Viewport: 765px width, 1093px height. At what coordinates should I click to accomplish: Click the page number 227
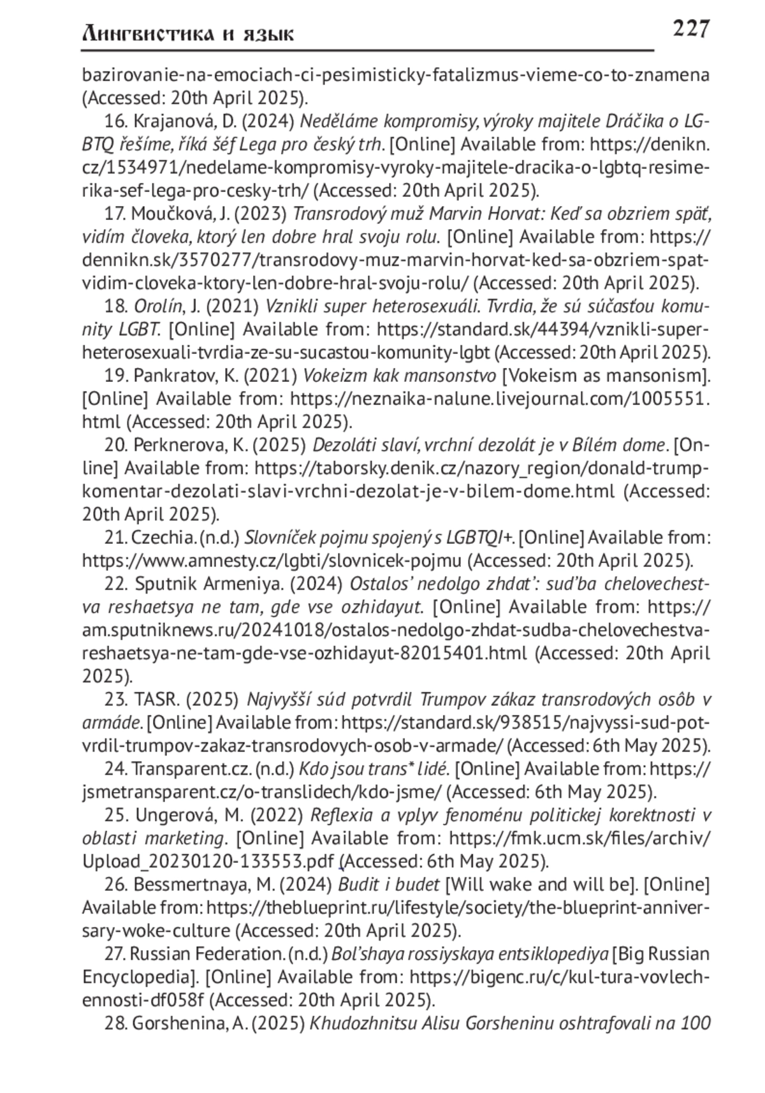(690, 29)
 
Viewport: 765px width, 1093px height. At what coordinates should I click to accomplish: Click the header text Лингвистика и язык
(188, 33)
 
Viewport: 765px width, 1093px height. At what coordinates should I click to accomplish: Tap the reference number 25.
(115, 815)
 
